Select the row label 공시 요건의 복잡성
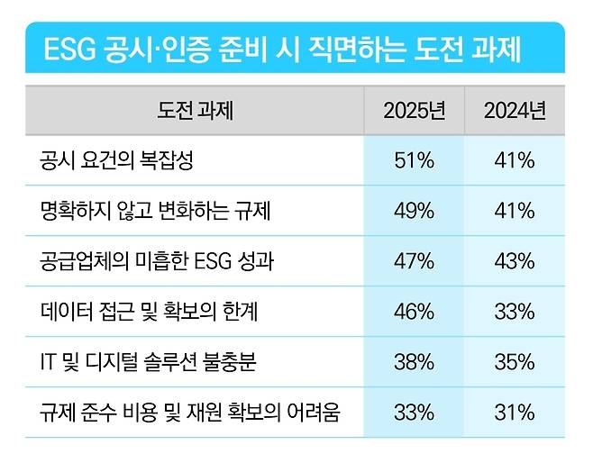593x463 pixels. click(117, 161)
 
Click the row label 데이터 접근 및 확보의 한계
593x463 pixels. click(150, 313)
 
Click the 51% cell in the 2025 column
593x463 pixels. click(414, 161)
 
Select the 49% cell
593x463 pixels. click(414, 212)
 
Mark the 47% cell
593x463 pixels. click(414, 262)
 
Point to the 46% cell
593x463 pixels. click(414, 313)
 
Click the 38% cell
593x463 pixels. click(414, 363)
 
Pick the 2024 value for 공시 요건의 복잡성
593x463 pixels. click(515, 161)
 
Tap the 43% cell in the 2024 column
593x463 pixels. click(515, 262)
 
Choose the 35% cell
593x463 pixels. click(515, 363)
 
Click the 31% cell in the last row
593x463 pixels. click(515, 413)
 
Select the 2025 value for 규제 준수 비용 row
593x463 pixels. click(414, 413)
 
